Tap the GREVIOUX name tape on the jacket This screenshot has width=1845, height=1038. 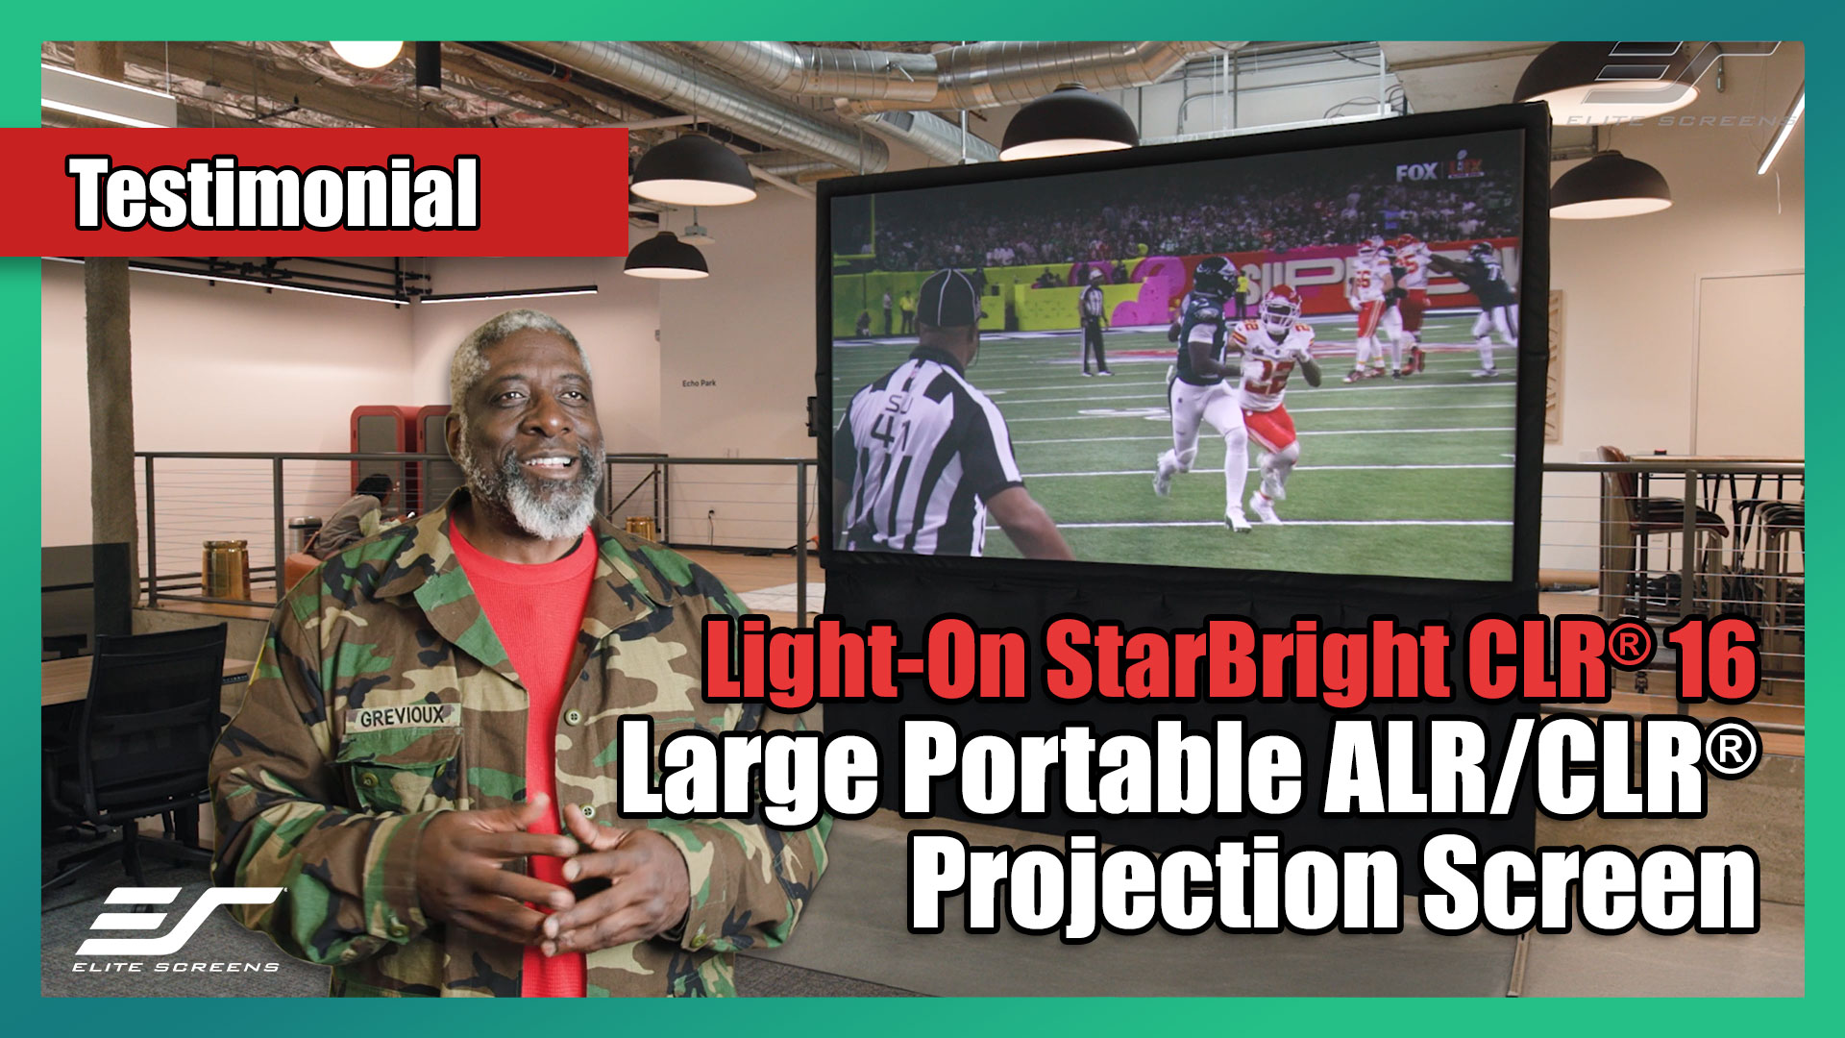click(x=404, y=717)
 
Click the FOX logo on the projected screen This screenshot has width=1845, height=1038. click(x=1416, y=173)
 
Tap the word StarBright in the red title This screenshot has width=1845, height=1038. click(x=1240, y=661)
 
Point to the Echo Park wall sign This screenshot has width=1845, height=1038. click(x=699, y=383)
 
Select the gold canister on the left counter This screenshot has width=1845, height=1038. click(x=226, y=568)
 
